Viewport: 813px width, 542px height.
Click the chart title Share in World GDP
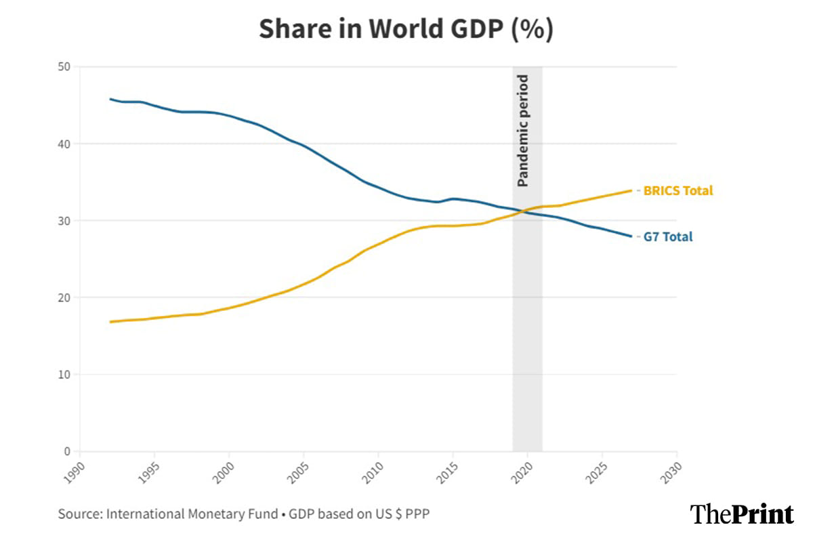pyautogui.click(x=406, y=29)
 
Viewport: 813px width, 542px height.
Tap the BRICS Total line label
pyautogui.click(x=677, y=191)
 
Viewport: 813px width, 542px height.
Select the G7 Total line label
pyautogui.click(x=667, y=237)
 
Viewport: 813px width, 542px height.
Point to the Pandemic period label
pyautogui.click(x=522, y=131)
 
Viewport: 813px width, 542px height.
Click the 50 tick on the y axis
pyautogui.click(x=66, y=66)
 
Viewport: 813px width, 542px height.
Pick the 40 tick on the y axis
pyautogui.click(x=66, y=144)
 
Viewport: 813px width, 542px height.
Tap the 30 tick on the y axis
pyautogui.click(x=66, y=221)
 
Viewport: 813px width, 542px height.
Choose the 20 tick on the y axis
pyautogui.click(x=66, y=297)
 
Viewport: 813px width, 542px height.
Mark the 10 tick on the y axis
pyautogui.click(x=66, y=375)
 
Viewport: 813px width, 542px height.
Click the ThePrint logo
pyautogui.click(x=741, y=514)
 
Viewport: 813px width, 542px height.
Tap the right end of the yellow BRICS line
pyautogui.click(x=631, y=191)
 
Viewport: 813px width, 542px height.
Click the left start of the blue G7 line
pyautogui.click(x=110, y=99)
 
